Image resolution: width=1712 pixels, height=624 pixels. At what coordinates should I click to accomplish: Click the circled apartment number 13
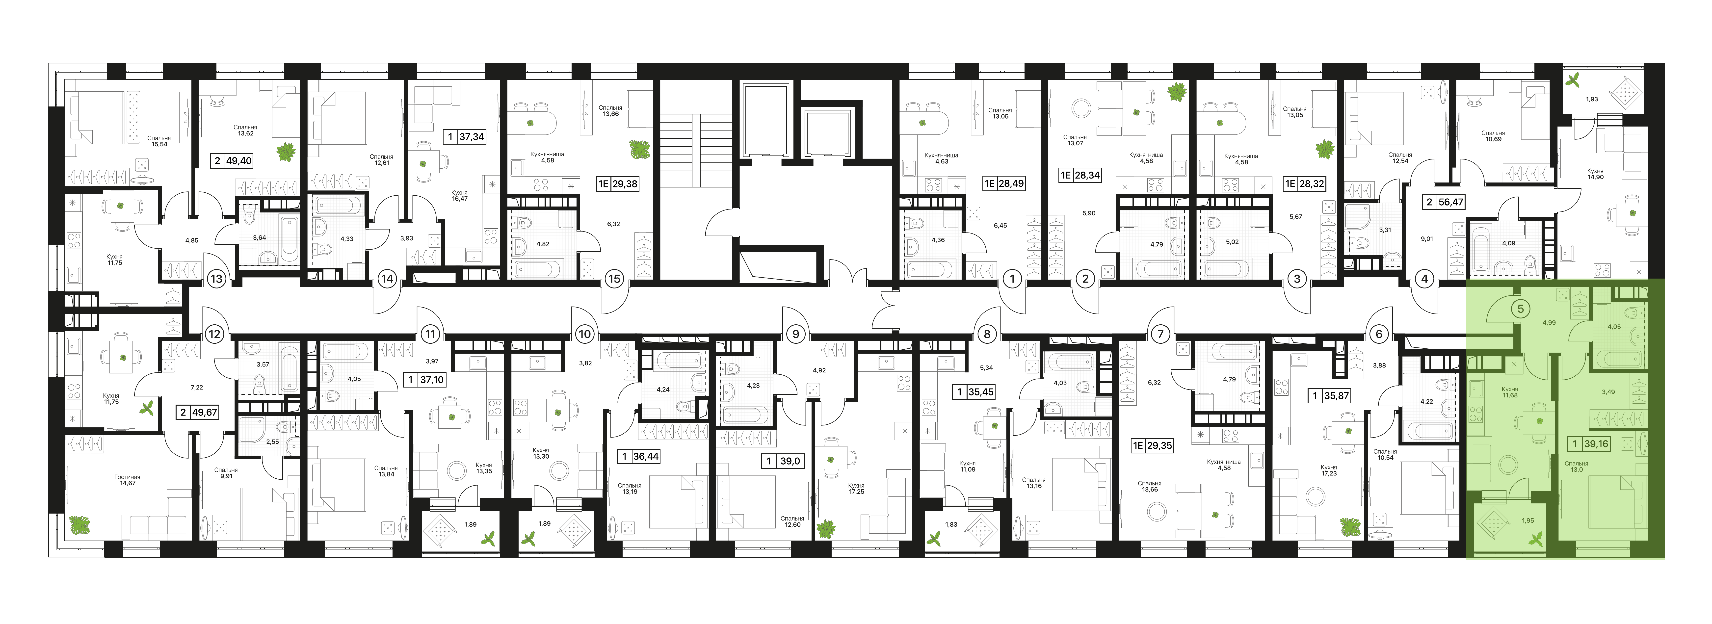point(216,279)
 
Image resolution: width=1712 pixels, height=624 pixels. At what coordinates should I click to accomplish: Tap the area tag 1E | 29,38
point(617,184)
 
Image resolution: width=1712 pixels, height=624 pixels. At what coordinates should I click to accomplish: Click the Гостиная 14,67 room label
point(127,480)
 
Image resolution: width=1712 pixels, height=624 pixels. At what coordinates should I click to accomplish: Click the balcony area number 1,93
point(1592,99)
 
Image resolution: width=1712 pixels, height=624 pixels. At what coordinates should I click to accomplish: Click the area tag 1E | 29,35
point(1153,446)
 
